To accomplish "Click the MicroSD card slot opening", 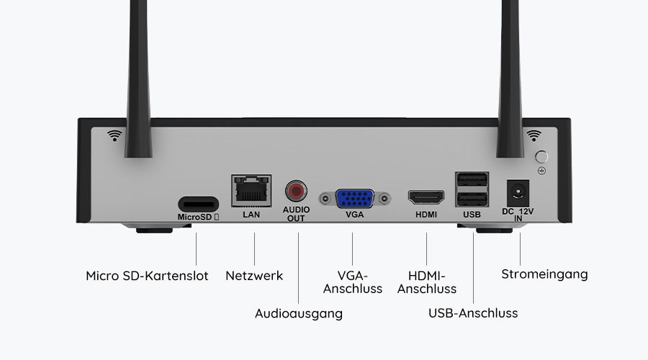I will tap(197, 202).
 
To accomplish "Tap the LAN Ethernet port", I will tap(251, 191).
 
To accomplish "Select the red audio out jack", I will tap(295, 192).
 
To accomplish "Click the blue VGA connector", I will tap(354, 197).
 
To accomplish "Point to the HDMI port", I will tap(426, 197).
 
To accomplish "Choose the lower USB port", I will tap(472, 199).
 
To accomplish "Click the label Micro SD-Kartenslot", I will tap(147, 276).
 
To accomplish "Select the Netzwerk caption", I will tap(254, 276).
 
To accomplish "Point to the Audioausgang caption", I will tap(299, 313).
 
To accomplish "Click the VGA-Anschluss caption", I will tap(353, 282).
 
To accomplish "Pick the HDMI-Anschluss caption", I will tap(427, 282).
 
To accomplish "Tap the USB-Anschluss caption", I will tap(473, 313).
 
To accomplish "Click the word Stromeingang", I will tap(544, 274).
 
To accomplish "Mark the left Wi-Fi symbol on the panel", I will tap(114, 135).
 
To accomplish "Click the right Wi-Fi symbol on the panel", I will tap(534, 135).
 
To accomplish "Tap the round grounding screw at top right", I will tap(542, 156).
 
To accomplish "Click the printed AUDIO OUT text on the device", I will tap(296, 214).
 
